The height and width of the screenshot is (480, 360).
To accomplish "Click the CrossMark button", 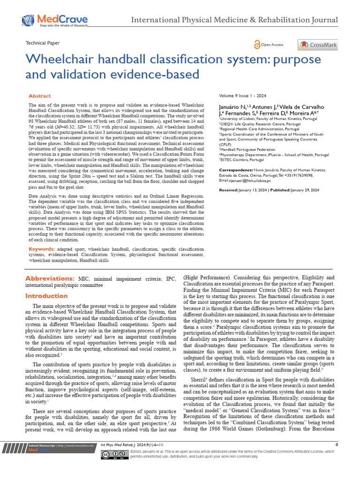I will tap(317, 45).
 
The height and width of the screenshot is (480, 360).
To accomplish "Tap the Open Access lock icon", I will tap(257, 45).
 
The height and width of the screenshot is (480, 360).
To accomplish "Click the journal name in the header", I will tap(234, 20).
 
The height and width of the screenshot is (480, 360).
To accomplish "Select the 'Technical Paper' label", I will tap(43, 43).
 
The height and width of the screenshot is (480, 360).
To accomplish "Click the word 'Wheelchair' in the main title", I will tap(59, 60).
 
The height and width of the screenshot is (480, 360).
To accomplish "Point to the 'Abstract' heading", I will tap(40, 96).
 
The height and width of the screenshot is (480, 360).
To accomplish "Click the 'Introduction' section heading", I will tap(46, 296).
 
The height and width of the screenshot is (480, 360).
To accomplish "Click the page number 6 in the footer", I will tap(337, 444).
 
